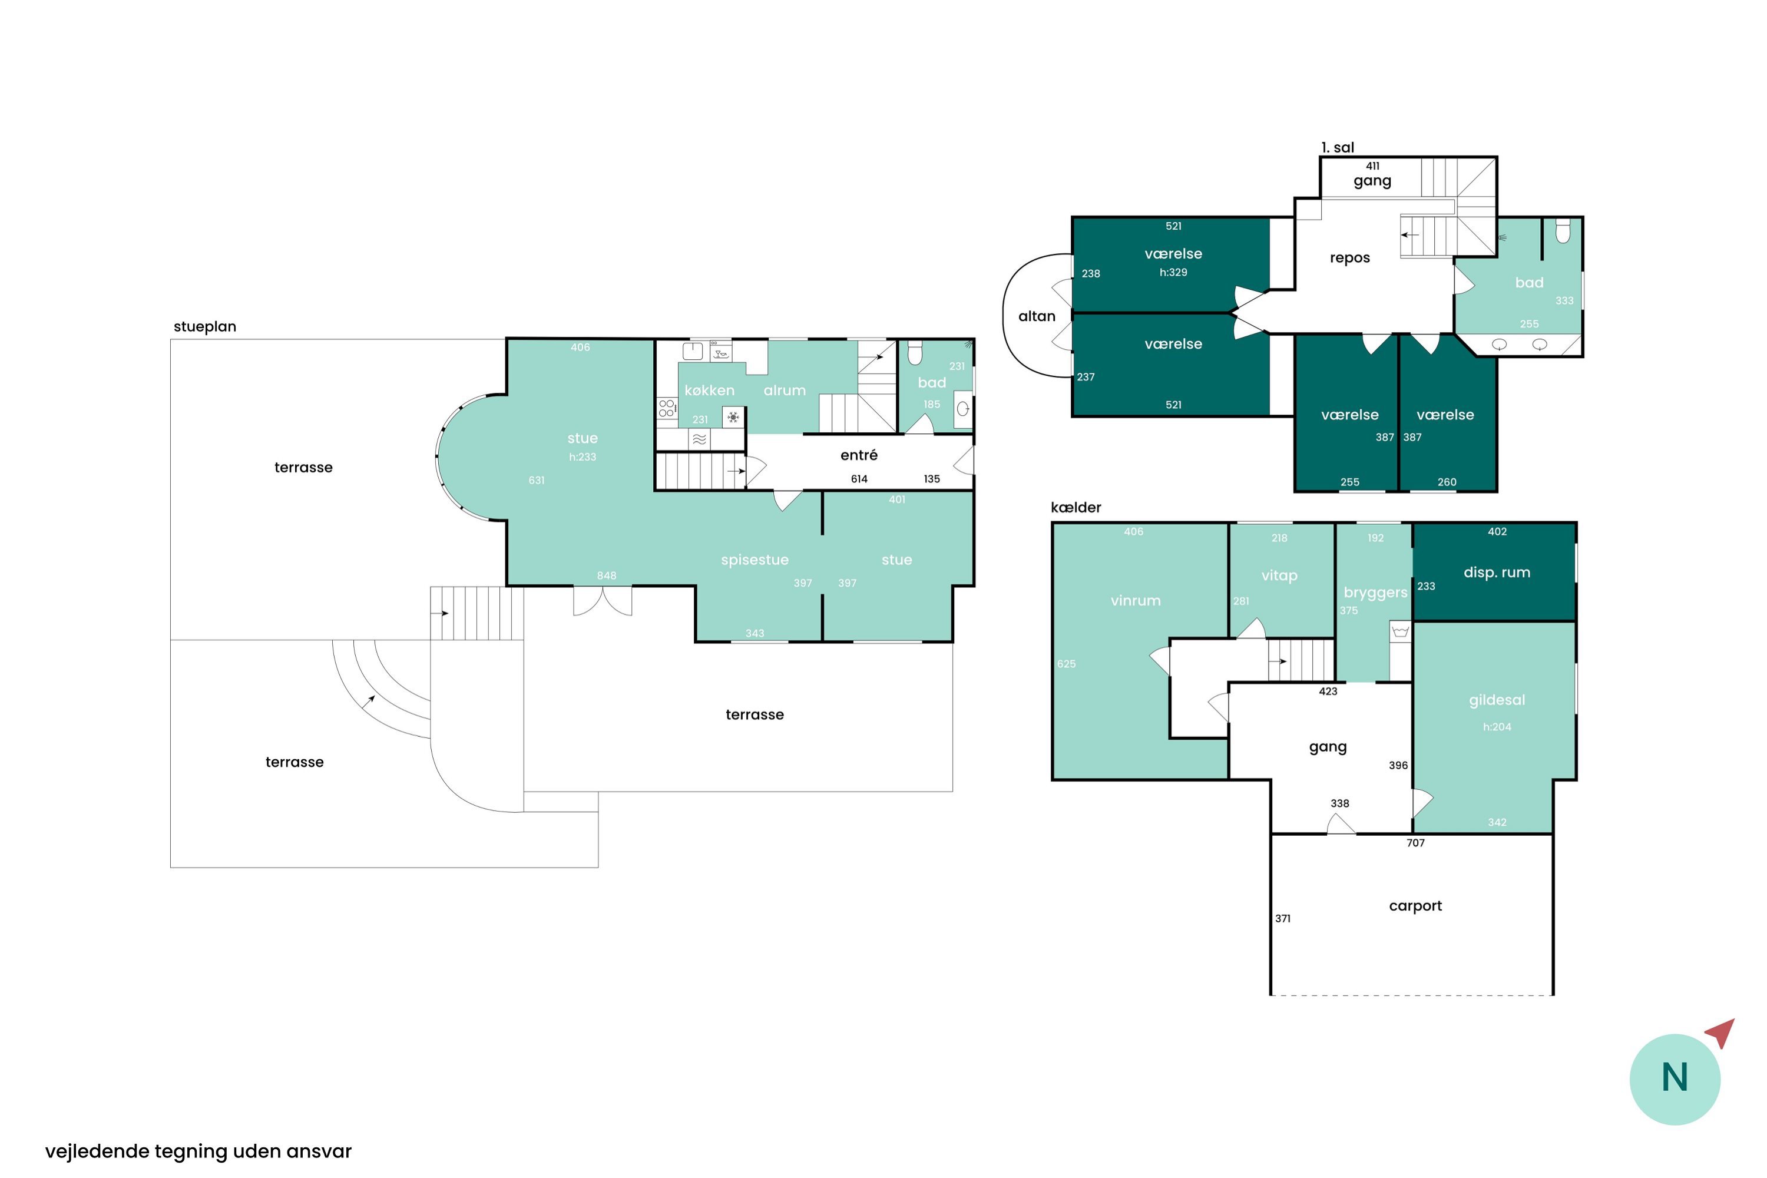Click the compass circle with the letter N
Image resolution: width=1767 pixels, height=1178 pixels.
click(x=1675, y=1079)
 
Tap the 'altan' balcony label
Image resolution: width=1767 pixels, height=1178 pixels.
click(x=1037, y=316)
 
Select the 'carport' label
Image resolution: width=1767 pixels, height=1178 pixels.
click(x=1415, y=906)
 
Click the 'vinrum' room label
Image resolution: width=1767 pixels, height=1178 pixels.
click(x=1135, y=600)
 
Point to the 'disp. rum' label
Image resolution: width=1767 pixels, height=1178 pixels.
click(x=1497, y=573)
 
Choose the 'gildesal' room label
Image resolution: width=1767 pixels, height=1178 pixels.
click(x=1497, y=700)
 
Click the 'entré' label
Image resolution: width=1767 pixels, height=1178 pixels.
click(x=859, y=455)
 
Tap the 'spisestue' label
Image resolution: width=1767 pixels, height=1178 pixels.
click(x=755, y=560)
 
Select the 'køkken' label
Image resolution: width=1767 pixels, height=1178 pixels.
click(x=709, y=390)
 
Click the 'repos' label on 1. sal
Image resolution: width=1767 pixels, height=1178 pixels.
click(x=1349, y=259)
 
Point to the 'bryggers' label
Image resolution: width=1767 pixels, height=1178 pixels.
click(x=1375, y=593)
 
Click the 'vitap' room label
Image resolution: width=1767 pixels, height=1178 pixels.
click(x=1279, y=575)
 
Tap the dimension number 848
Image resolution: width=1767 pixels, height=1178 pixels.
click(x=606, y=575)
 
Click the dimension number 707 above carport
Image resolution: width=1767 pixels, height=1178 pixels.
click(x=1415, y=843)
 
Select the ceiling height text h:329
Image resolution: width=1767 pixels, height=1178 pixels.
click(x=1173, y=272)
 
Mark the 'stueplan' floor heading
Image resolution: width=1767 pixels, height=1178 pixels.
click(x=204, y=327)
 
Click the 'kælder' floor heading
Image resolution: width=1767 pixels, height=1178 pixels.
click(x=1076, y=507)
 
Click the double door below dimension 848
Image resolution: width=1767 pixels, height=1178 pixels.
click(x=603, y=601)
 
